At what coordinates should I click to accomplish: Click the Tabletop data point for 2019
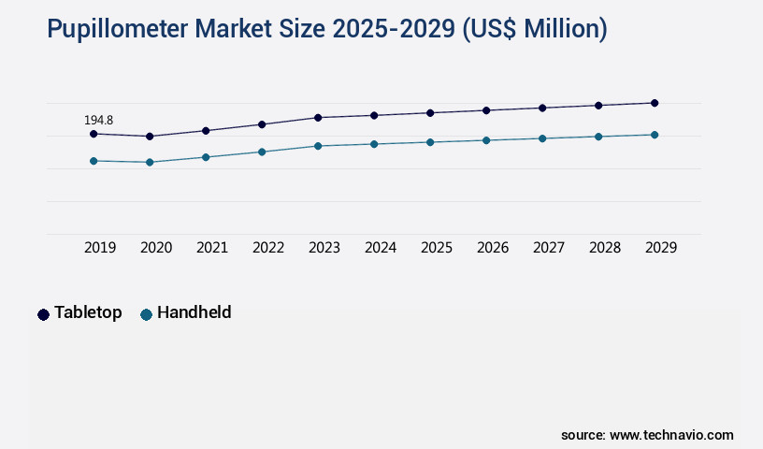pos(94,134)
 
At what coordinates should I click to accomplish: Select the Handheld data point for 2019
pos(94,161)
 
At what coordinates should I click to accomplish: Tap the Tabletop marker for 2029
pos(655,103)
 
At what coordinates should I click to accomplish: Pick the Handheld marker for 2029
pos(655,135)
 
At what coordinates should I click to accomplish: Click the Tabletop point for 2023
pos(318,118)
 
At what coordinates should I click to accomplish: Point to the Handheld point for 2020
pos(150,163)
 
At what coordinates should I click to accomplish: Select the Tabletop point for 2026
pos(486,110)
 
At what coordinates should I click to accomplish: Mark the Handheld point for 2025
pos(430,142)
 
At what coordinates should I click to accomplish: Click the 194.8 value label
pos(98,121)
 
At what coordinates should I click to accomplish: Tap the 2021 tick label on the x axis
pos(212,248)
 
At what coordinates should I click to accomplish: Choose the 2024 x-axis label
pos(381,248)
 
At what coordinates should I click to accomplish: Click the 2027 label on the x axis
pos(549,248)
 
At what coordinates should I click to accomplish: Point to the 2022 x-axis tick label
pos(268,248)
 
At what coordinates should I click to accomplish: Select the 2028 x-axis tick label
pos(605,248)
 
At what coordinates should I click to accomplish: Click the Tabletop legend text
pos(88,312)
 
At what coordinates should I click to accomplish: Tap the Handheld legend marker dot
pos(146,314)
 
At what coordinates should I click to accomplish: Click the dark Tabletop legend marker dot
pos(43,314)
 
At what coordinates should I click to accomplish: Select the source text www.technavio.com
pos(671,435)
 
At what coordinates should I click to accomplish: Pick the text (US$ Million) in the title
pos(535,30)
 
